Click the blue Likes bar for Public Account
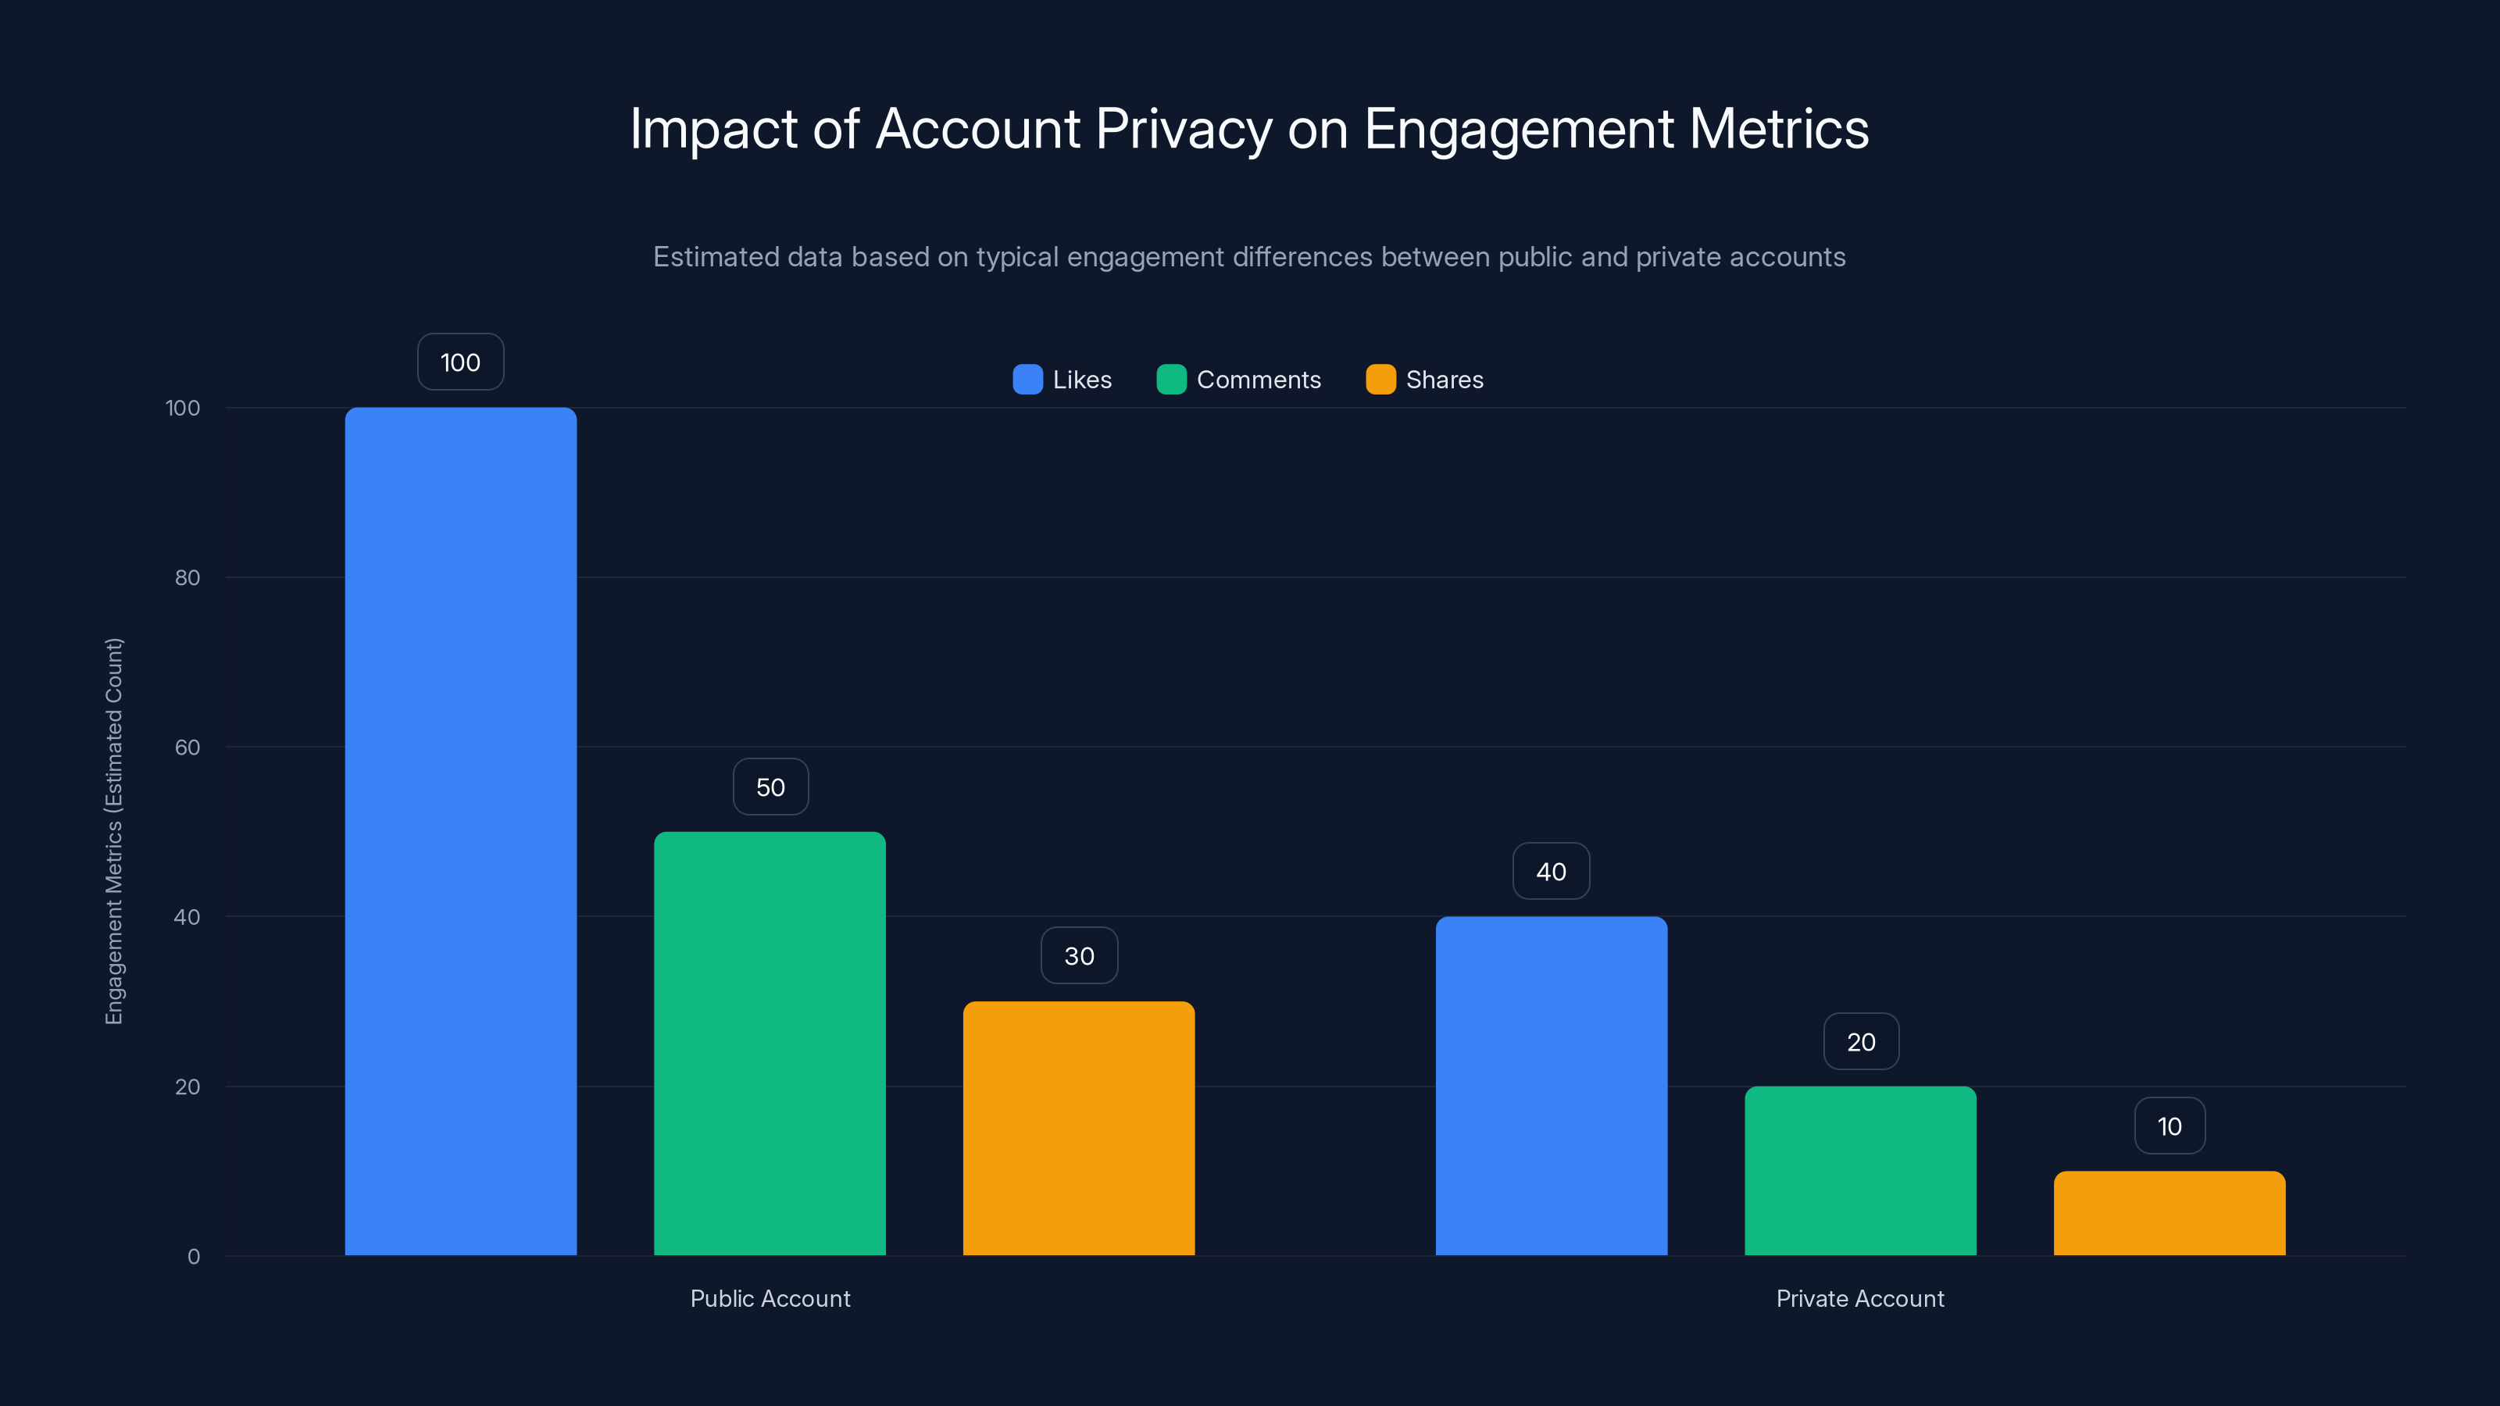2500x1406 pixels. click(460, 830)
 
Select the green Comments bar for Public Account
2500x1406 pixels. click(770, 1043)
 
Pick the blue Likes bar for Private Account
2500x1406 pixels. click(1551, 1085)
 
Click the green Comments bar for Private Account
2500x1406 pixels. click(1859, 1170)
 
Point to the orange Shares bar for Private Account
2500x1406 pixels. click(2169, 1213)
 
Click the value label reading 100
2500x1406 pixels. click(460, 362)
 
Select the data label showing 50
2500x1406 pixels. click(770, 787)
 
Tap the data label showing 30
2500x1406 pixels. click(1079, 956)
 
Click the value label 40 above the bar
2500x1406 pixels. click(1551, 872)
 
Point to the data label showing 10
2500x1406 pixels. click(2169, 1126)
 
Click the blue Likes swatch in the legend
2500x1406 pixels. click(1027, 380)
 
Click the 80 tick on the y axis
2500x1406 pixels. click(187, 577)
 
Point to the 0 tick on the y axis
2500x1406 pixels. click(193, 1257)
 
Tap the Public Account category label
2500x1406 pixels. click(770, 1298)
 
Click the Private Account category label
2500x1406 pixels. click(1859, 1298)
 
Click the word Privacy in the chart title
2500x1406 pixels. click(1183, 129)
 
